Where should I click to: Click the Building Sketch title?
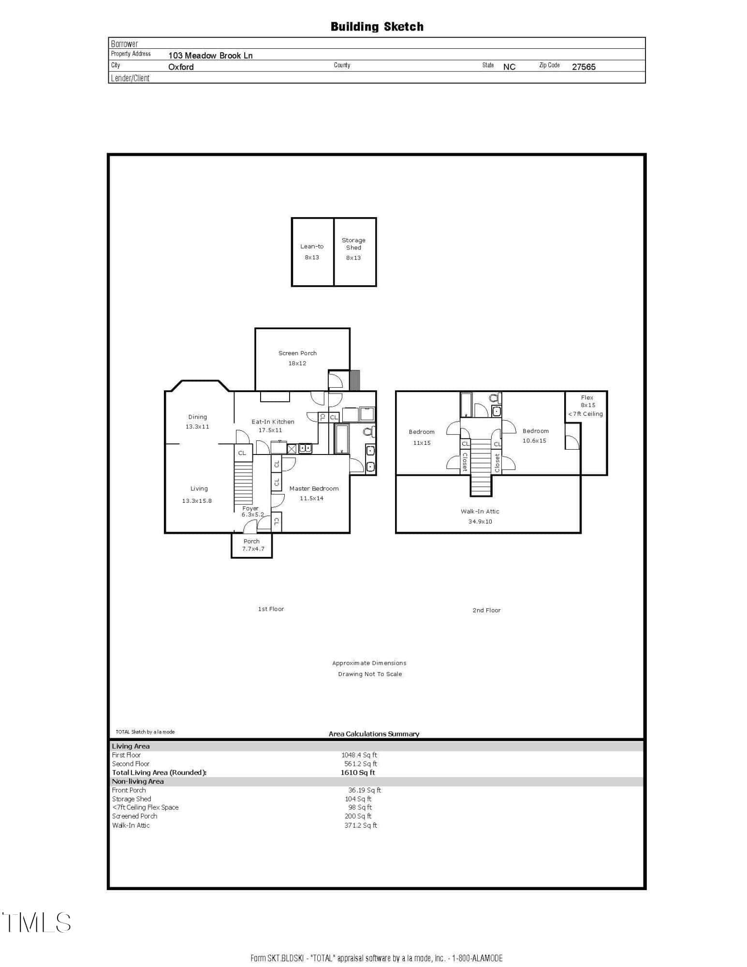tap(377, 27)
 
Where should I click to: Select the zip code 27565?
tap(584, 67)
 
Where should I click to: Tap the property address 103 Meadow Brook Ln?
tap(210, 55)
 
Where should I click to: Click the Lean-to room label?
tap(312, 246)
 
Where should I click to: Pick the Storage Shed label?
tap(353, 244)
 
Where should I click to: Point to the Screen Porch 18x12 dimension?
tap(297, 363)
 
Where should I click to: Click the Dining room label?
tap(197, 417)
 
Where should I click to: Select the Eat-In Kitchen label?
tap(273, 422)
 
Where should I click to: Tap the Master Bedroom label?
tap(314, 488)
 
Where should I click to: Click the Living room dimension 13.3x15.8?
tap(197, 501)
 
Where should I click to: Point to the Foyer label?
tap(250, 508)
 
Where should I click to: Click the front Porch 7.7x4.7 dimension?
tap(253, 549)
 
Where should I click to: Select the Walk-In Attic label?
tap(480, 511)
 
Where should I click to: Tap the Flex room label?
tap(587, 397)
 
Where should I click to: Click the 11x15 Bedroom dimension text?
tap(422, 443)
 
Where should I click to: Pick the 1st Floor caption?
tap(271, 609)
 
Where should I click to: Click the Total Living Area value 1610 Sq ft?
tap(358, 772)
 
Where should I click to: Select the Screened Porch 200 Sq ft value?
tap(358, 816)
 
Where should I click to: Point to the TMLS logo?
tap(37, 922)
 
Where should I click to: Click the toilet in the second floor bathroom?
tap(494, 398)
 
